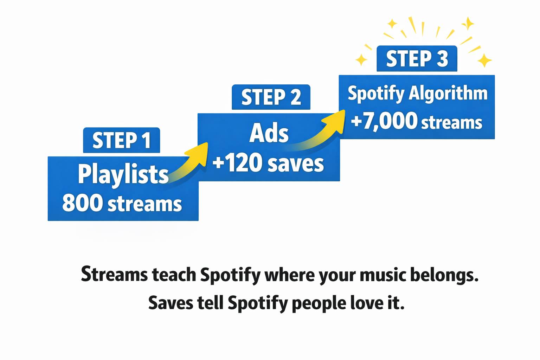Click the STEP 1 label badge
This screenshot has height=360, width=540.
(122, 140)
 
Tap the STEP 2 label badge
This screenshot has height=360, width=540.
(271, 97)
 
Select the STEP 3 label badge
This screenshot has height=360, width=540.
(417, 58)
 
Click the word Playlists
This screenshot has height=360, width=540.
(123, 174)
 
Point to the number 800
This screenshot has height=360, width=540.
(81, 203)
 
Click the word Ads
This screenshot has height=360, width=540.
(269, 133)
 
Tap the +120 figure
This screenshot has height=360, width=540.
(237, 163)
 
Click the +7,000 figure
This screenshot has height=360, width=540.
(384, 121)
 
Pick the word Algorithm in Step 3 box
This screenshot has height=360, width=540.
(448, 94)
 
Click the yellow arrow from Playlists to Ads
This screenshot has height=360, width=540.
(188, 163)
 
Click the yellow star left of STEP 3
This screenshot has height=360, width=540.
(361, 60)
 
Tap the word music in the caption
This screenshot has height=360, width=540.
(382, 275)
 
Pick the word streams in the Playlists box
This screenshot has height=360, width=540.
(144, 204)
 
